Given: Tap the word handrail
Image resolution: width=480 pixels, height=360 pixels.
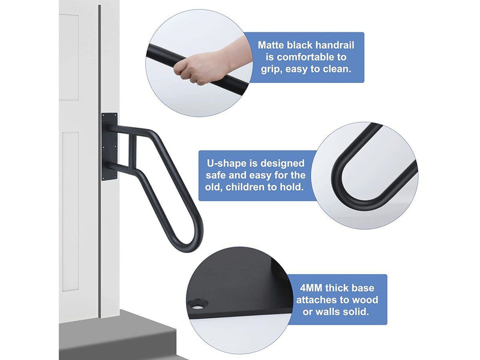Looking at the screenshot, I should pyautogui.click(x=332, y=44).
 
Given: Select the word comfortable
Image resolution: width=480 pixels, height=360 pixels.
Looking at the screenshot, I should pyautogui.click(x=293, y=57).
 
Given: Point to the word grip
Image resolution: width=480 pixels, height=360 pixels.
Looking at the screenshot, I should pyautogui.click(x=269, y=70).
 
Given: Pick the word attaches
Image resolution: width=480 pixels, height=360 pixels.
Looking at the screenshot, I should pyautogui.click(x=314, y=299).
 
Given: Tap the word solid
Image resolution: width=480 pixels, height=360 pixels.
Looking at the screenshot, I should pyautogui.click(x=362, y=311).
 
